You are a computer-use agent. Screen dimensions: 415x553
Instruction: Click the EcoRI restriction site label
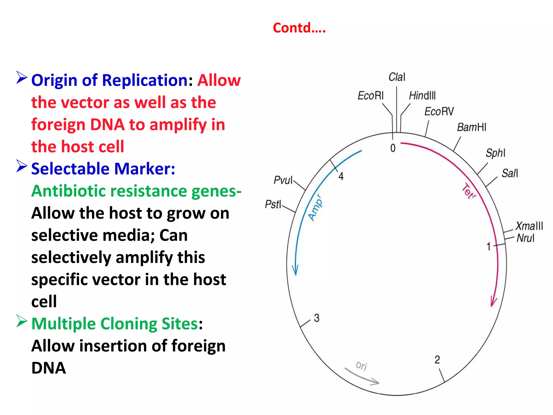click(370, 96)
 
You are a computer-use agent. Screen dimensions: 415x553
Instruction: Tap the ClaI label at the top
click(397, 77)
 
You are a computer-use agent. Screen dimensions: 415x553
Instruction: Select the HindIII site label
click(422, 96)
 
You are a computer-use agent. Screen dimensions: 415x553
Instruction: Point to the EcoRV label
click(439, 111)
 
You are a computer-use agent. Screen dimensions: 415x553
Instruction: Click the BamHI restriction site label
click(471, 127)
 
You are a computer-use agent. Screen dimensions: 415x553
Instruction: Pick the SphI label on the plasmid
click(495, 153)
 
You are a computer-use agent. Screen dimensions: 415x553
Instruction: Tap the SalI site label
click(510, 173)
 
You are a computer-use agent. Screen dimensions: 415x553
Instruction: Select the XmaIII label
click(529, 226)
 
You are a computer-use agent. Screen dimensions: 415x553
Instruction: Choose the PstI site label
click(273, 204)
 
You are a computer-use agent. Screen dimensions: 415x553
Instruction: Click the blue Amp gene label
click(315, 207)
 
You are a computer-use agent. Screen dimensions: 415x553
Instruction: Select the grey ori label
click(361, 366)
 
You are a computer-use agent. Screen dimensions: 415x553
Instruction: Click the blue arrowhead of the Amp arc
click(295, 270)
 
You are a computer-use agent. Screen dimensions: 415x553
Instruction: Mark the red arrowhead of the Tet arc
click(493, 302)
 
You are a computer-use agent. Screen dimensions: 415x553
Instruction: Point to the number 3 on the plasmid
click(317, 318)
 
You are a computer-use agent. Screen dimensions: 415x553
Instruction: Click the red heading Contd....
click(299, 28)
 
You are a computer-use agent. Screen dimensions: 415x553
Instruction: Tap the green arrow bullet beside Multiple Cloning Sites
click(22, 321)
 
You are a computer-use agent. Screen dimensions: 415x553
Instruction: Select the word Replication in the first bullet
click(145, 81)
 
